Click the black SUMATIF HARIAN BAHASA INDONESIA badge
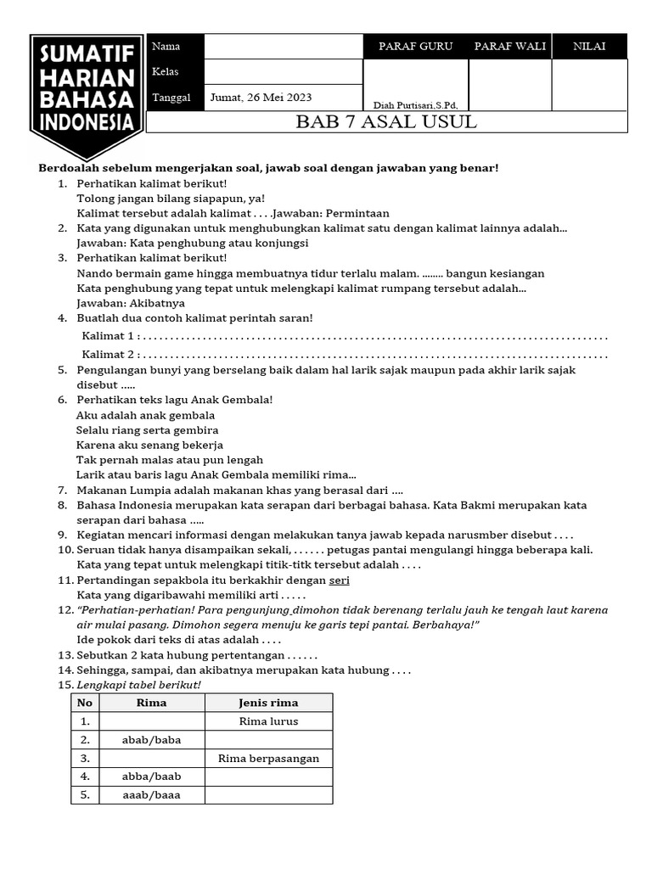coord(86,93)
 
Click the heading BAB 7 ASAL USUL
coord(386,121)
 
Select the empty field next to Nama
coord(284,47)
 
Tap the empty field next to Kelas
coord(284,71)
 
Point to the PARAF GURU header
coord(415,47)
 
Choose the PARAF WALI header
coord(509,47)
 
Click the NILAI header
coord(589,47)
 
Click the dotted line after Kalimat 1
coord(374,336)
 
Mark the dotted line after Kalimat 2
coord(374,354)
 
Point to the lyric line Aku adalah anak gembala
coord(145,415)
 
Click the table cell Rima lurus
coord(268,721)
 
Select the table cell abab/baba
coord(152,740)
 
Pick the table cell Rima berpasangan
coord(268,758)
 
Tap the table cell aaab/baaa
coord(152,795)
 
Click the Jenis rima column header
coord(268,703)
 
